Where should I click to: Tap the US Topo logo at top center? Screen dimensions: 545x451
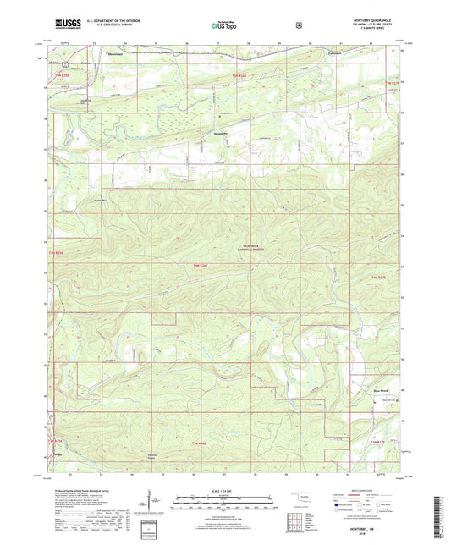(x=223, y=26)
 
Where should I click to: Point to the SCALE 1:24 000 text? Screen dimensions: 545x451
(x=224, y=491)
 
